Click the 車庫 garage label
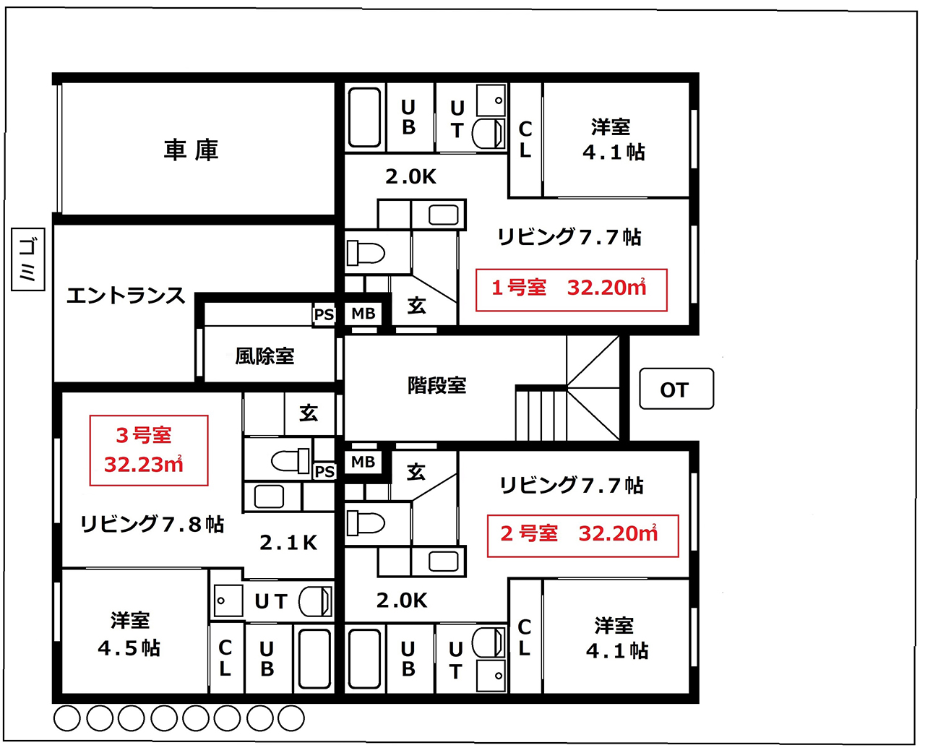(191, 150)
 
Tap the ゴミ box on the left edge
(27, 259)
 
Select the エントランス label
(126, 296)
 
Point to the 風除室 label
(264, 356)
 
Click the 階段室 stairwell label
(436, 385)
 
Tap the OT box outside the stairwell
(676, 389)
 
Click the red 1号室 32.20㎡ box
(571, 290)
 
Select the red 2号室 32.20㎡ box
(582, 536)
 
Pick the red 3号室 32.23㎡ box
(149, 450)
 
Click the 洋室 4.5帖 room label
(129, 634)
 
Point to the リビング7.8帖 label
(152, 524)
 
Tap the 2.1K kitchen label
(288, 543)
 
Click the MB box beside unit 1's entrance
(363, 313)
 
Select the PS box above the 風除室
(324, 314)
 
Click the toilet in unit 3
(290, 461)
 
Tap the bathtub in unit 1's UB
(364, 117)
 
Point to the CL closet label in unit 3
(225, 658)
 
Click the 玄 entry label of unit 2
(416, 472)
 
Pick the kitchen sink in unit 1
(443, 215)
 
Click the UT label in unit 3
(270, 602)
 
